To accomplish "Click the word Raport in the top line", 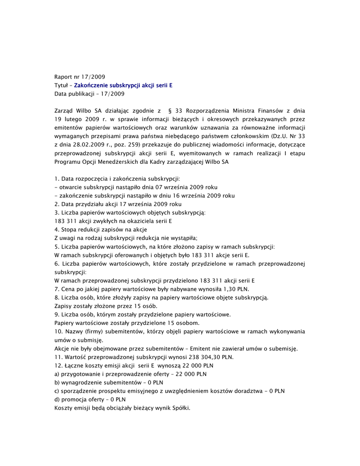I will [x=63, y=77].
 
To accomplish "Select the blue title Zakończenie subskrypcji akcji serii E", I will [x=123, y=86].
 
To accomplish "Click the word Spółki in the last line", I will [x=179, y=408].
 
